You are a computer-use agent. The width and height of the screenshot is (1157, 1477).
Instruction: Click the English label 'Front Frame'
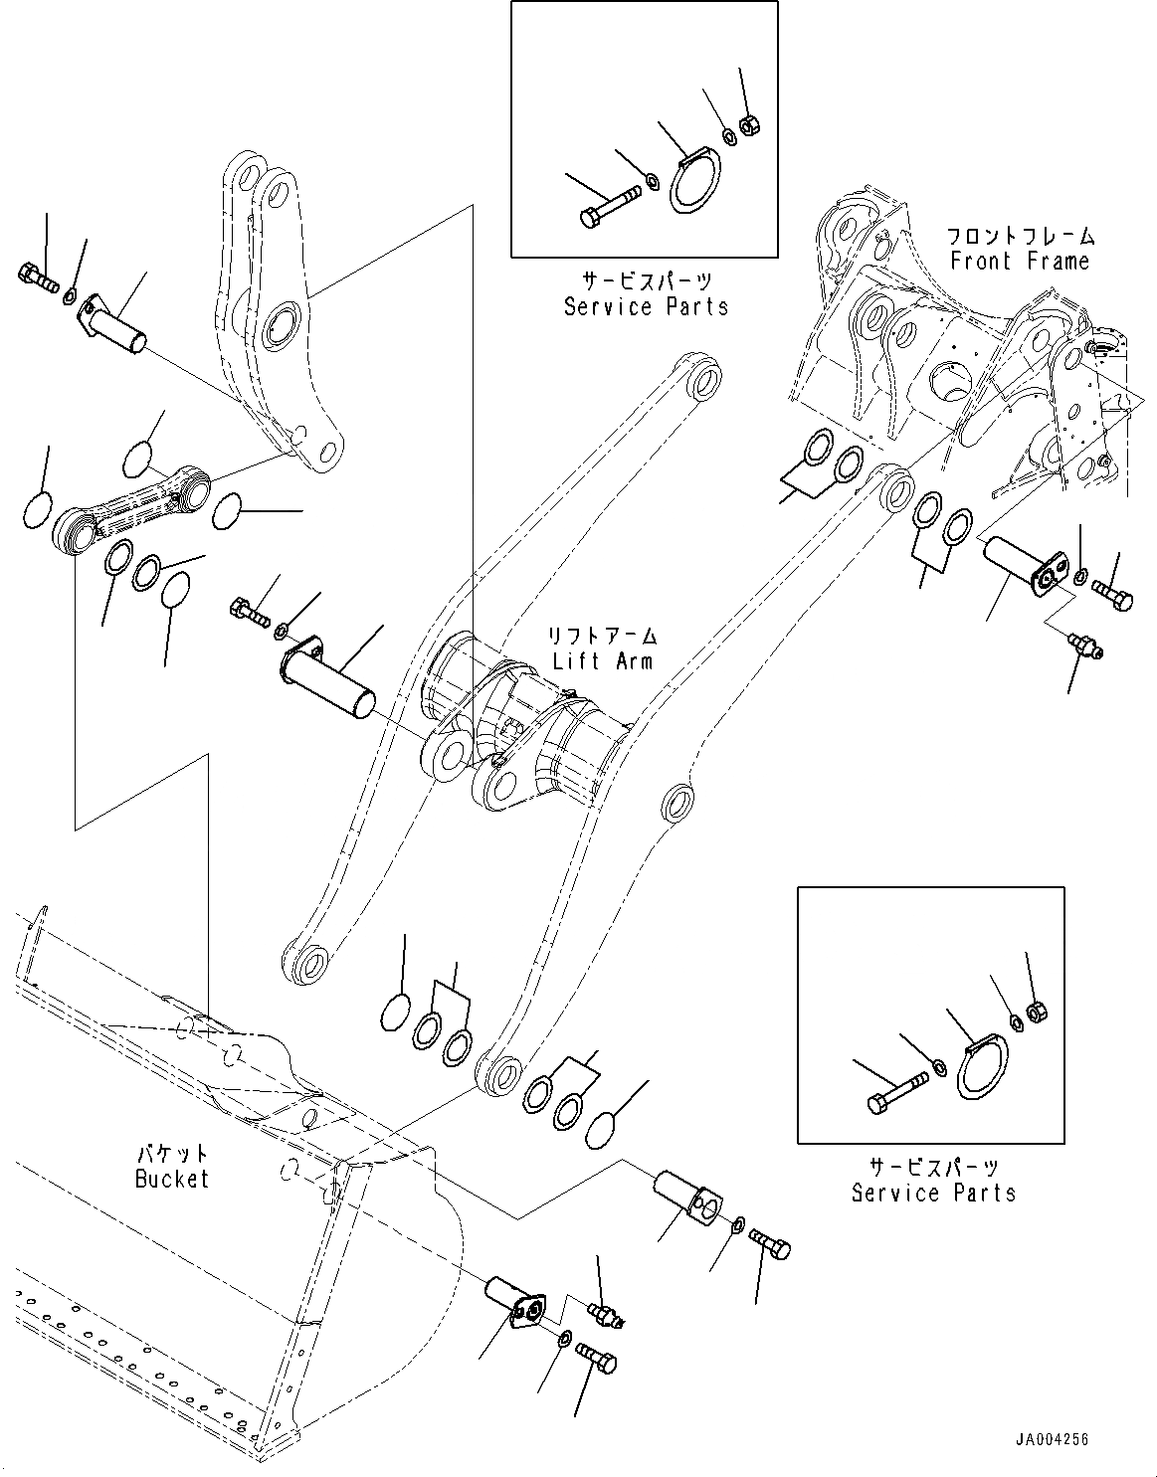[1020, 262]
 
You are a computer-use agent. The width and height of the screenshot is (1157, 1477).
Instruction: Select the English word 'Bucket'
[172, 1179]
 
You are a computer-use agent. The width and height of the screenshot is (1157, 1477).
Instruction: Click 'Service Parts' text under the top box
[646, 306]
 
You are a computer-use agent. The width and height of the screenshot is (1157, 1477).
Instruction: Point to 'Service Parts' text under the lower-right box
[933, 1192]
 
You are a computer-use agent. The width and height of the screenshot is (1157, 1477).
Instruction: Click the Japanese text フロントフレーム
[1020, 237]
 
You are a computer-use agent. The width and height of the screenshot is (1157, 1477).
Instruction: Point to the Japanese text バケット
[172, 1154]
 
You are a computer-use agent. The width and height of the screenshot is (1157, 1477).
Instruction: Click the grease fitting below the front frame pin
[1082, 645]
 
